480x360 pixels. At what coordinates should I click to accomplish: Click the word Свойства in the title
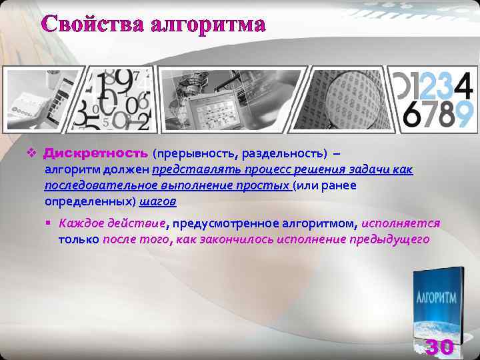click(93, 25)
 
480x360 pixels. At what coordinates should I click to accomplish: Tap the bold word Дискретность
click(96, 153)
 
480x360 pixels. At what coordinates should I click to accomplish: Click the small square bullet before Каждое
click(50, 223)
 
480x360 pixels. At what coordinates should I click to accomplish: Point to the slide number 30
click(439, 347)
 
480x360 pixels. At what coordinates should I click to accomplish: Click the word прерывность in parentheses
click(195, 154)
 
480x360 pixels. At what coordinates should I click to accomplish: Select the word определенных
click(89, 201)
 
